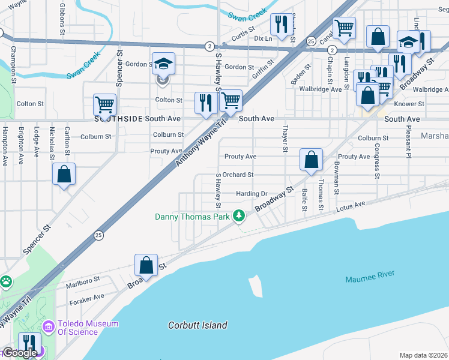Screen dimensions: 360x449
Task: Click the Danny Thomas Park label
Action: (x=192, y=217)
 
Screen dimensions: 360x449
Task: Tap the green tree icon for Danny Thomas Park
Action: (x=239, y=215)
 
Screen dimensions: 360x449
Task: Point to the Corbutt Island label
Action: (x=197, y=325)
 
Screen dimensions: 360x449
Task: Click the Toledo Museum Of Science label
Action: (x=88, y=328)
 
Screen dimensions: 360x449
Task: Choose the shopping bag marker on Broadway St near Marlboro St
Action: (x=146, y=266)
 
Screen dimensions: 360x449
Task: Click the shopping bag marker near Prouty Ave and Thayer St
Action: (x=311, y=160)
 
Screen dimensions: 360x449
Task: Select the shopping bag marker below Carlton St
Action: (x=64, y=175)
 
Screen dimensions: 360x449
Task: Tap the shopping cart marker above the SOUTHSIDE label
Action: (x=104, y=105)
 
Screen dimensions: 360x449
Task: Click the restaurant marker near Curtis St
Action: (x=281, y=25)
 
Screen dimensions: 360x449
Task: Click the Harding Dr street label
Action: (x=252, y=194)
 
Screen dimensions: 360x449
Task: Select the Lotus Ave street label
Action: (x=351, y=206)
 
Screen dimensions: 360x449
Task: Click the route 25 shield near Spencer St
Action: (x=98, y=235)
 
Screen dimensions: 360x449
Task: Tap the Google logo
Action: (x=19, y=353)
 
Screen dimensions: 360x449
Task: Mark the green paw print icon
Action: (x=6, y=280)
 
